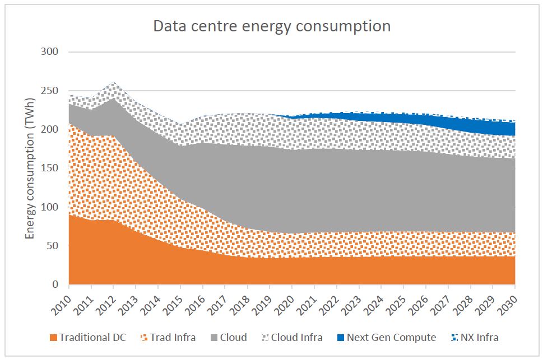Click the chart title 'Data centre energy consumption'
(x=271, y=26)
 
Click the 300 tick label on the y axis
(x=51, y=52)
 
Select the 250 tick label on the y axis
(x=51, y=91)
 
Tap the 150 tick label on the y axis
(x=51, y=169)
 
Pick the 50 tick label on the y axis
(x=53, y=246)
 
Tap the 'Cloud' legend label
(x=233, y=338)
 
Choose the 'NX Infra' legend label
(x=479, y=338)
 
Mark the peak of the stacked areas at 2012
(x=114, y=82)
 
